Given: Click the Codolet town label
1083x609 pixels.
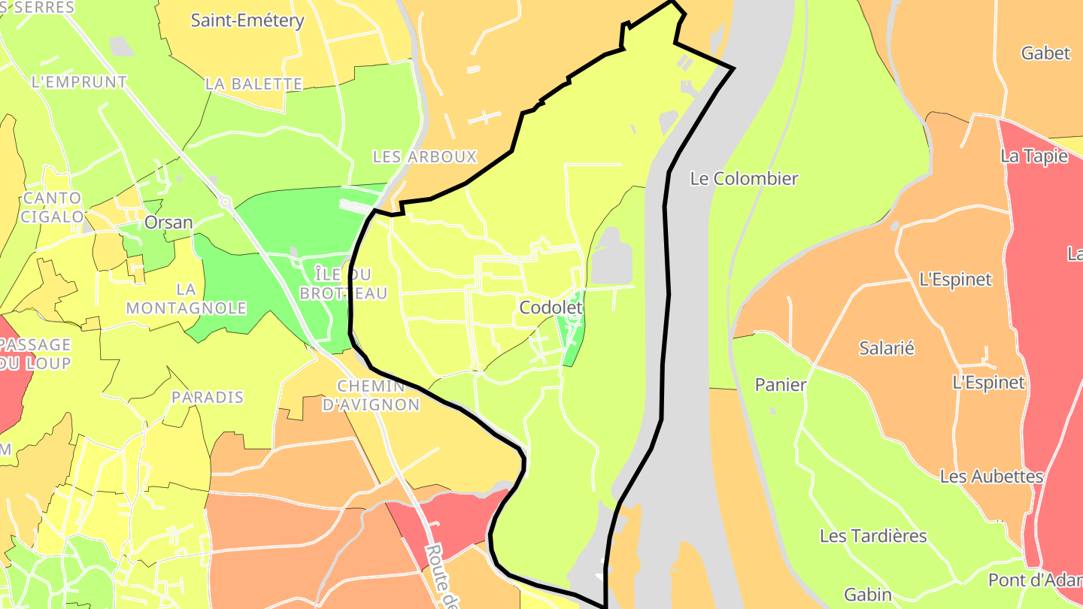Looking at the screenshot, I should pos(551,308).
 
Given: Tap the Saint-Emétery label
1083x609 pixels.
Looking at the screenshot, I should pos(247,20).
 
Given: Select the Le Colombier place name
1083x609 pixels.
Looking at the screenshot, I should pos(744,179).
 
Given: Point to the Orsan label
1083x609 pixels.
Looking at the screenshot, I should pos(168,223).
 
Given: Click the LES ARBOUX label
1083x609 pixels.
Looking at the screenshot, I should pos(425,157).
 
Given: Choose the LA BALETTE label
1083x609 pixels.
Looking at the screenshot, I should pos(254,84).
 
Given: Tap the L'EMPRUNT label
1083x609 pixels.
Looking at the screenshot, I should pos(80,82).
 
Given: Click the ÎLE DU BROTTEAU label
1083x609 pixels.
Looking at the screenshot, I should pos(344,283).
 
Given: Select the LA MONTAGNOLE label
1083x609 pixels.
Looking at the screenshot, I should pos(187,298).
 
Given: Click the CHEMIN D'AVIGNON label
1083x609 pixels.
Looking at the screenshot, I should pos(371,395).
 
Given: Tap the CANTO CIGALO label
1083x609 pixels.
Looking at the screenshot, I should pos(53,208).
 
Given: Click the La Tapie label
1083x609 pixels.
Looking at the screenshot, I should pos(1034,156).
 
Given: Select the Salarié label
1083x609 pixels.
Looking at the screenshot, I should pos(887,348).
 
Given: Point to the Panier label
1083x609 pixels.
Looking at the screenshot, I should pos(781,385).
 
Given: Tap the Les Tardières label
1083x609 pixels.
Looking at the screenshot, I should pos(873,536).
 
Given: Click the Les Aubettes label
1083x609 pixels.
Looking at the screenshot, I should pos(991,477).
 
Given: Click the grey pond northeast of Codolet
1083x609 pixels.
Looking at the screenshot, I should pos(612,258).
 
